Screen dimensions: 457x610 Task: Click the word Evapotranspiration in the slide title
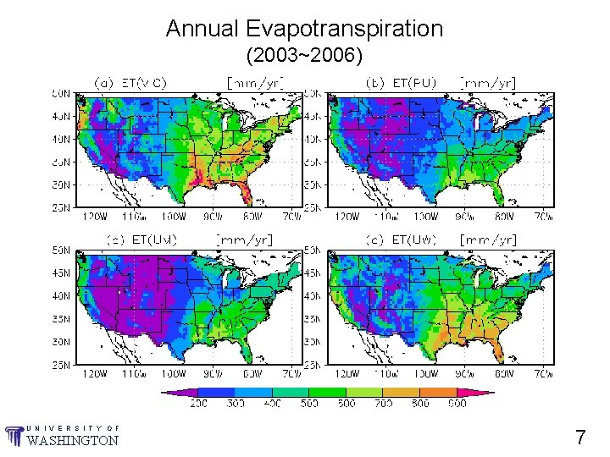coord(344,29)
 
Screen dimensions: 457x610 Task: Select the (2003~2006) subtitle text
coord(304,57)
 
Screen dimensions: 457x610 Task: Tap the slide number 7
coord(580,438)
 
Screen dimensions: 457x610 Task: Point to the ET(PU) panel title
coord(390,82)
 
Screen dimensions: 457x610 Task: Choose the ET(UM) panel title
coord(141,240)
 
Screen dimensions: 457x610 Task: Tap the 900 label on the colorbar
coord(457,404)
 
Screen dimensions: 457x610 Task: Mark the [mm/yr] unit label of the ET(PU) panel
coord(487,82)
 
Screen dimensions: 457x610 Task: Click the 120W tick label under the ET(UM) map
coord(95,372)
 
